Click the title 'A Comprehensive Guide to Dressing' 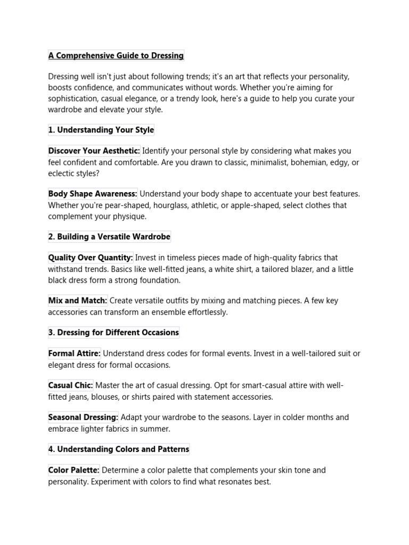point(116,55)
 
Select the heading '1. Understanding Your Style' point(101,130)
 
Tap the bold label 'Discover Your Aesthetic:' point(94,151)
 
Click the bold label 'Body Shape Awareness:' point(93,194)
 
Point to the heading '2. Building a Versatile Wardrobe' point(109,236)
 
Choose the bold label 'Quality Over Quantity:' point(91,258)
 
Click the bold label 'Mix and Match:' point(78,301)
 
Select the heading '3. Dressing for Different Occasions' point(113,333)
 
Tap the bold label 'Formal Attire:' point(75,353)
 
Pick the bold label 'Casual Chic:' point(71,385)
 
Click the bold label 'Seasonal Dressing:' point(83,417)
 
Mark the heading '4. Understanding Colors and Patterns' point(119,449)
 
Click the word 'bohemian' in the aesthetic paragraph point(307,162)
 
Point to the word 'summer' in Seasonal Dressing point(158,429)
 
